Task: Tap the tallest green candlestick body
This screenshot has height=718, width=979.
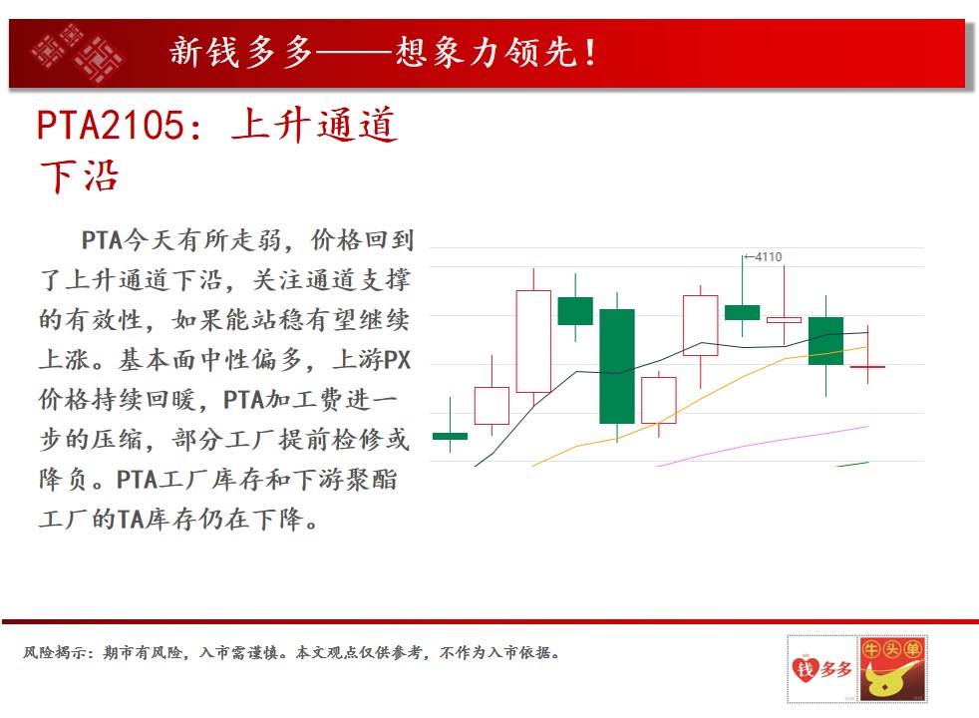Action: [x=617, y=366]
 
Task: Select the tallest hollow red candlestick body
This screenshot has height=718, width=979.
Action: [x=533, y=341]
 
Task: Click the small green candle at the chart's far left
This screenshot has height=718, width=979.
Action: [x=450, y=436]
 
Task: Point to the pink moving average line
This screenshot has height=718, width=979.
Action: [x=763, y=444]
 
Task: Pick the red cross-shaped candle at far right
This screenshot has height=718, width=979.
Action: [x=867, y=367]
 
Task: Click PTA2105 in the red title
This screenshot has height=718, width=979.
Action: [x=111, y=125]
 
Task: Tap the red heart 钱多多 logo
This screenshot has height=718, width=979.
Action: [x=822, y=669]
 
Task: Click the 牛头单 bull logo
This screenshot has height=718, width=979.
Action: [x=892, y=669]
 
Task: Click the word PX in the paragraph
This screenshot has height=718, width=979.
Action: [x=397, y=360]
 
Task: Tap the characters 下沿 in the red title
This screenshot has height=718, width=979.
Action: [x=79, y=177]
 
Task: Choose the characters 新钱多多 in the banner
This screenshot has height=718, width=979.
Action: [x=241, y=53]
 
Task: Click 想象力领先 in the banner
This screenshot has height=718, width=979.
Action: [x=486, y=53]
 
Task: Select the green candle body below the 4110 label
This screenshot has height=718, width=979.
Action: [x=743, y=312]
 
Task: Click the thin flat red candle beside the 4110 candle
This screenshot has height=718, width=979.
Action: [x=784, y=320]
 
